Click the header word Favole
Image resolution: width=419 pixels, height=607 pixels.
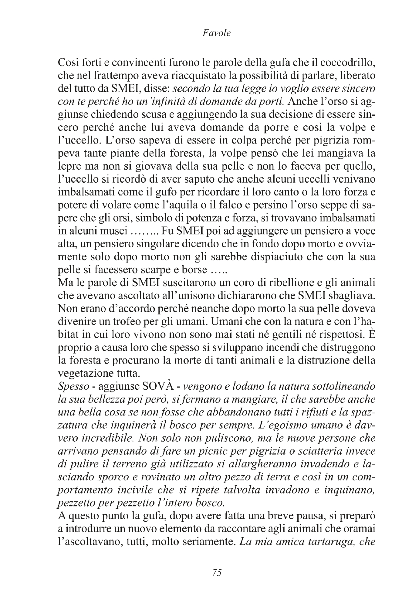pos(216,33)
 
